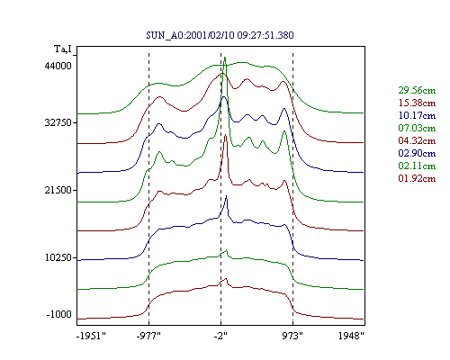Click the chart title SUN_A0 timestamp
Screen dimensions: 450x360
tap(220, 35)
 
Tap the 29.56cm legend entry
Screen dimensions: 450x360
tap(417, 90)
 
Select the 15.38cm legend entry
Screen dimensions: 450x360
tap(417, 103)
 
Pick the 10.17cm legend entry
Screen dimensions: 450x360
tap(417, 115)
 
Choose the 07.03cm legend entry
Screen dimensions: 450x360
tap(417, 128)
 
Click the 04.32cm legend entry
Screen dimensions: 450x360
tap(417, 140)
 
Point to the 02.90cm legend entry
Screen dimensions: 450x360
tap(417, 153)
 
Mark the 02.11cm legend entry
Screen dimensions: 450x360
tap(417, 166)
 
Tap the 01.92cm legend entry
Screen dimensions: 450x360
tap(417, 178)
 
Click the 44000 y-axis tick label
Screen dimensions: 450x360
tap(58, 66)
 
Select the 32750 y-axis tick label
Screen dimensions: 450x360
tap(58, 122)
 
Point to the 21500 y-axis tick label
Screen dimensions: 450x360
tap(58, 190)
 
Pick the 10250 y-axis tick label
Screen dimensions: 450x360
tap(58, 257)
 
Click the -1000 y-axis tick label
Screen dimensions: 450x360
tap(59, 314)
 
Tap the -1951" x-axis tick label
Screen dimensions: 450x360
tap(92, 336)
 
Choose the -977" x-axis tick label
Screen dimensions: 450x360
tap(148, 336)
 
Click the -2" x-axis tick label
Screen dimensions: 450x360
tap(220, 336)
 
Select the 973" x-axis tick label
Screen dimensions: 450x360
tap(292, 336)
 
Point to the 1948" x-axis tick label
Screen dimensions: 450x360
tap(351, 336)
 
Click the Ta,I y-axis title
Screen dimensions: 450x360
tap(63, 49)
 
